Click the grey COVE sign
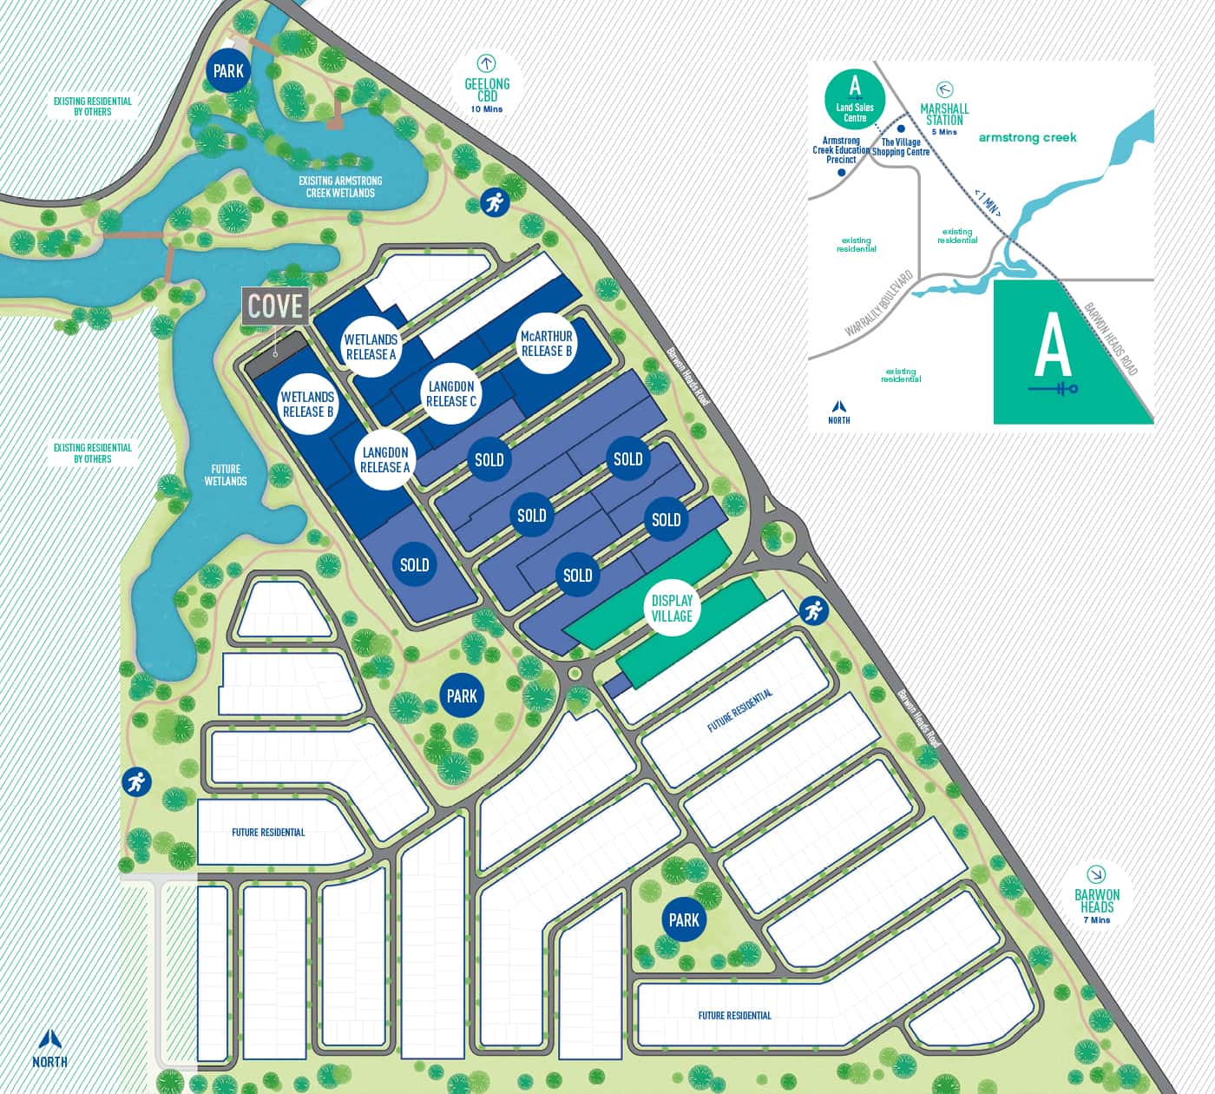(x=276, y=306)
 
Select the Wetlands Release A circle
(x=371, y=346)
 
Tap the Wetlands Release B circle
(x=307, y=404)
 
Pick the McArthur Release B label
(x=546, y=344)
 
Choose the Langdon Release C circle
(x=451, y=393)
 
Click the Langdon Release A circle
(x=384, y=459)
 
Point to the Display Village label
(x=672, y=608)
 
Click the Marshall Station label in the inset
(x=944, y=114)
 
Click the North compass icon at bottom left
(x=49, y=1047)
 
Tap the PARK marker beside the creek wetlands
(x=228, y=70)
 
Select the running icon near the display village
(x=812, y=611)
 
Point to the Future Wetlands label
(x=226, y=475)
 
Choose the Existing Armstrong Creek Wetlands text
(x=340, y=187)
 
